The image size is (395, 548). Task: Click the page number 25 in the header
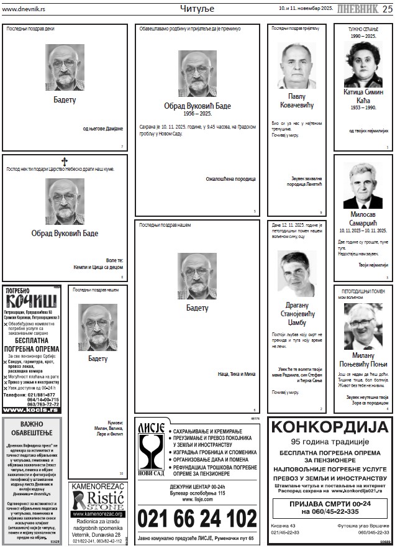387,8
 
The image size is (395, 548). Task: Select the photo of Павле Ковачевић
296,65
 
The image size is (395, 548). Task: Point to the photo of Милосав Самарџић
363,185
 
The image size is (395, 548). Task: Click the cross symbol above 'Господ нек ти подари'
65,162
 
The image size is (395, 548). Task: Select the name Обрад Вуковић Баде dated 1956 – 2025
197,106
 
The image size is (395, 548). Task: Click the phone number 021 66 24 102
197,518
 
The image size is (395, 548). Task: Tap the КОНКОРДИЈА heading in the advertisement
330,427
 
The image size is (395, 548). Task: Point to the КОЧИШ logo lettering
32,301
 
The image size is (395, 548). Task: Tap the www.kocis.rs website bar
32,409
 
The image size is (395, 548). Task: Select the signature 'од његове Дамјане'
103,129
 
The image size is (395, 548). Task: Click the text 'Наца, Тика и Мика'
236,374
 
